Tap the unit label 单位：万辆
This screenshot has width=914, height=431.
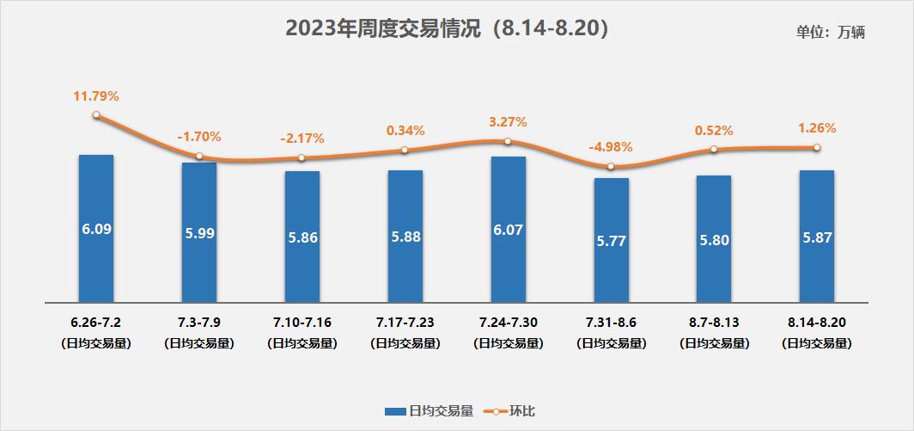[x=830, y=33]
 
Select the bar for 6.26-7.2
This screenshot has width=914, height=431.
[x=96, y=229]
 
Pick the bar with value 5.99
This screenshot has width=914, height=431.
[x=199, y=232]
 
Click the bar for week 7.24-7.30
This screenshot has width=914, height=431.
[x=508, y=230]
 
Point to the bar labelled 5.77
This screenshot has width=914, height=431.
[x=611, y=240]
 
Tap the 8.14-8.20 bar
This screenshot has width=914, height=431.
[x=816, y=237]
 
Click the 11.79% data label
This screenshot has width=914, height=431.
[x=95, y=95]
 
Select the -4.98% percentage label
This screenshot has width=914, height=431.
[x=611, y=147]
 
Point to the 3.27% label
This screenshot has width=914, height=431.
[x=508, y=122]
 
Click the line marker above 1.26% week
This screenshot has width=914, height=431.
[x=816, y=147]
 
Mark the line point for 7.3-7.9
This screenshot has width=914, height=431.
[x=199, y=156]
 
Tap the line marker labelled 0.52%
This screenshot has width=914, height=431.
[x=713, y=150]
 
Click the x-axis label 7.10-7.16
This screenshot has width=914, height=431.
[x=302, y=323]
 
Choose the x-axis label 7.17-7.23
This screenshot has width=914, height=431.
[x=405, y=323]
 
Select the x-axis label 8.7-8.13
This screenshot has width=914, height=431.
[x=713, y=323]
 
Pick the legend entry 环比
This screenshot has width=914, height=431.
[x=513, y=411]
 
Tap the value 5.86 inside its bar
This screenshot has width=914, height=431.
[x=303, y=237]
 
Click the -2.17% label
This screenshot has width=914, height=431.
[x=302, y=138]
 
